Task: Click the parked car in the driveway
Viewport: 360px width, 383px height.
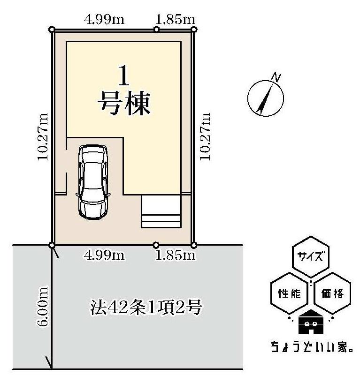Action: point(94,180)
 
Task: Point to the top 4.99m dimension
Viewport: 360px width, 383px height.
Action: point(104,20)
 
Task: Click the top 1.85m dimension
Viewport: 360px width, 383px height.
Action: point(175,20)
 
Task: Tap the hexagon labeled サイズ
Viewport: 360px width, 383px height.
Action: point(310,257)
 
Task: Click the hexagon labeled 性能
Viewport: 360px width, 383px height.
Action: point(290,294)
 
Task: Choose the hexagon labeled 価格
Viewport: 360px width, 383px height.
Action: point(333,294)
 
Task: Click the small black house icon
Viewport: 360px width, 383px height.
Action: point(310,323)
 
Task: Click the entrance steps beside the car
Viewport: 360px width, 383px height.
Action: point(161,211)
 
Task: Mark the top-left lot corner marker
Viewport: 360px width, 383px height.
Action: point(52,30)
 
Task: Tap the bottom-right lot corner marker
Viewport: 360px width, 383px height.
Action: point(193,245)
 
